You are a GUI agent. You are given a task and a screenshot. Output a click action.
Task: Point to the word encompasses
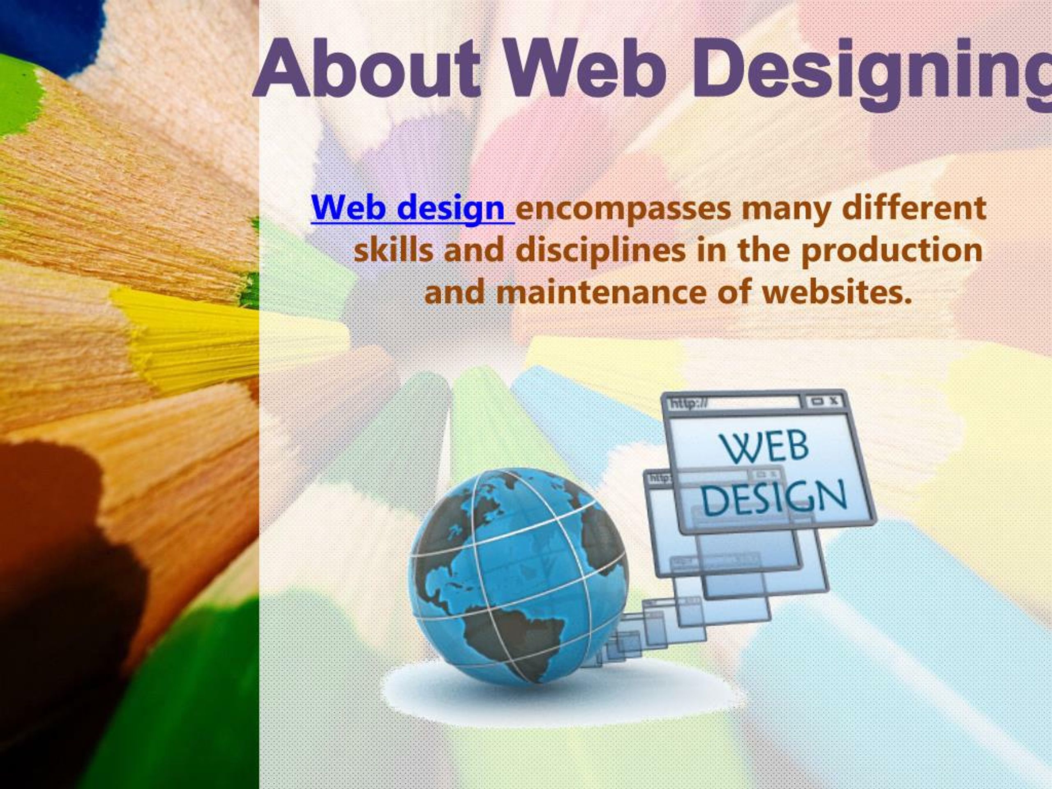(623, 209)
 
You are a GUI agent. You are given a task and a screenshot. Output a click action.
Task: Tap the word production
(892, 251)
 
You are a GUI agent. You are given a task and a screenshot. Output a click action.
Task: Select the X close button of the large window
(834, 401)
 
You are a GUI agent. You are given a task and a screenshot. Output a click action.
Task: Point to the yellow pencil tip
(190, 333)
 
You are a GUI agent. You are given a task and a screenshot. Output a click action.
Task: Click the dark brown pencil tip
(62, 547)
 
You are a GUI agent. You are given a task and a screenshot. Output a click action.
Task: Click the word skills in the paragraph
(393, 251)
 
